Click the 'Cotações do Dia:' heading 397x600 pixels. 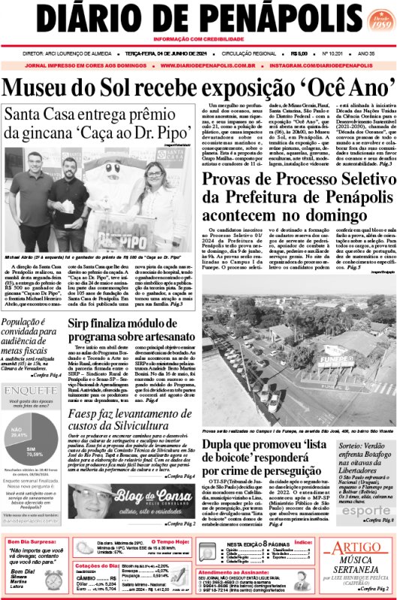coord(98,565)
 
